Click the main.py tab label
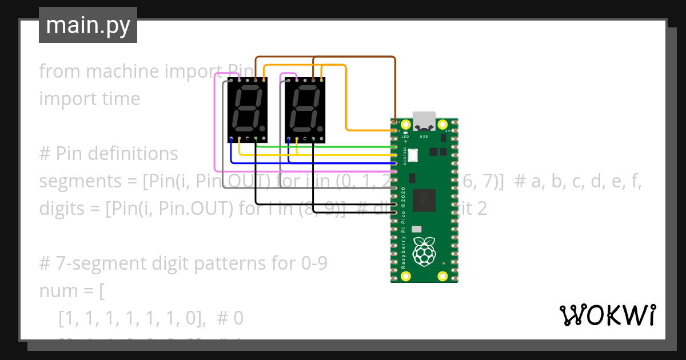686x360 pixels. [88, 26]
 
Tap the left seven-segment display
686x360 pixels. [247, 110]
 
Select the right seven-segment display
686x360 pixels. [305, 110]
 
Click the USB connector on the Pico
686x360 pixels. [424, 121]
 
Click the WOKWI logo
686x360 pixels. [607, 315]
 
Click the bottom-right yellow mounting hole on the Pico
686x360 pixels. [442, 277]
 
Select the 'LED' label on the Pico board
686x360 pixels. [405, 137]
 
